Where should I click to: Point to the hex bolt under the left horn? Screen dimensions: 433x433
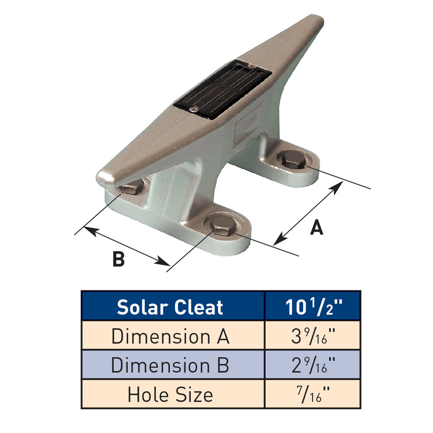coord(131,189)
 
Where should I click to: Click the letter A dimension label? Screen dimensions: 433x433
coord(317,227)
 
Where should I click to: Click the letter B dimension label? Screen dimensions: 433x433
coord(118,259)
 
